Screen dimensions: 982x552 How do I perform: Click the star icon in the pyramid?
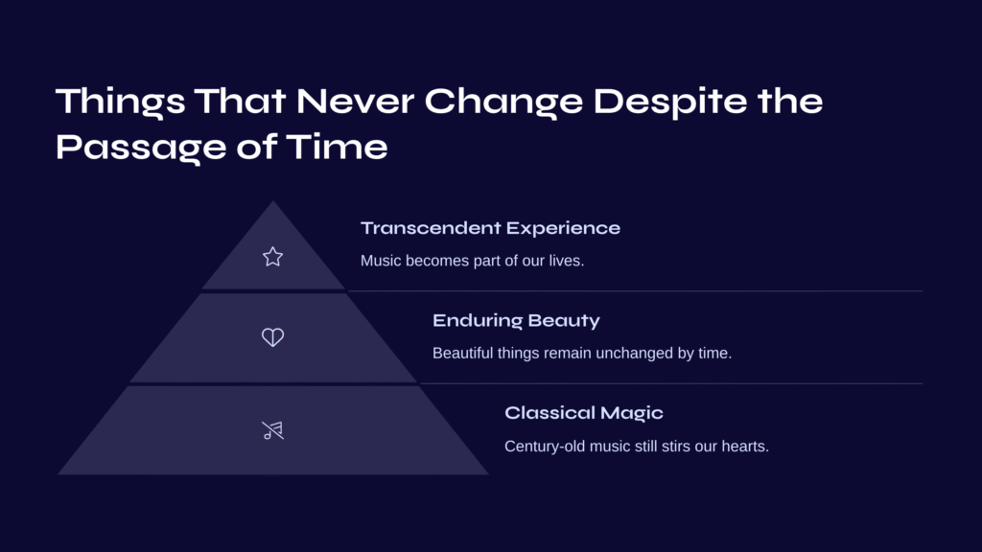click(272, 257)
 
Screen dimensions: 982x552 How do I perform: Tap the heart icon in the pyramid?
click(272, 337)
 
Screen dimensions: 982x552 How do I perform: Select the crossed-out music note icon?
click(272, 430)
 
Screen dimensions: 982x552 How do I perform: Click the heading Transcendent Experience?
click(490, 228)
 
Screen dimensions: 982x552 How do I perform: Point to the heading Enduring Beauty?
click(516, 321)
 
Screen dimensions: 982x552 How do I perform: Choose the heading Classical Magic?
click(584, 413)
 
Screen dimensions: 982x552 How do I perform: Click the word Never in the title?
click(355, 102)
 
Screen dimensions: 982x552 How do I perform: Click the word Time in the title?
click(337, 147)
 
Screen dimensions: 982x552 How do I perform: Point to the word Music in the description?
click(381, 261)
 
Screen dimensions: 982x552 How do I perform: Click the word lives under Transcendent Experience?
click(566, 261)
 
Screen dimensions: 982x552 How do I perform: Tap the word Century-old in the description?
click(545, 447)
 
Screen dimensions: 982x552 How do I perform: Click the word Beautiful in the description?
click(463, 353)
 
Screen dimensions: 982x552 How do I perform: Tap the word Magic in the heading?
click(631, 414)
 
